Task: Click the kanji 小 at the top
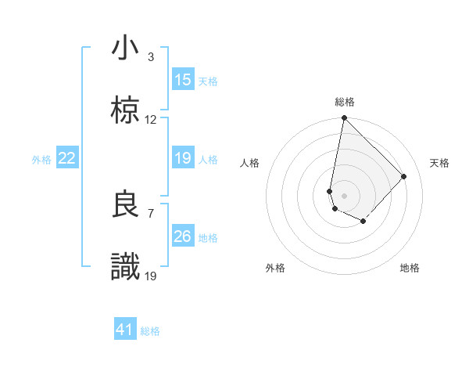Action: click(125, 49)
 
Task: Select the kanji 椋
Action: click(125, 111)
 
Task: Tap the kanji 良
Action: click(125, 204)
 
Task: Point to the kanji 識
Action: click(125, 267)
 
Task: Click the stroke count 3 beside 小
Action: click(151, 56)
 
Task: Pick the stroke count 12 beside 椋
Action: click(151, 120)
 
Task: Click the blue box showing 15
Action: click(183, 80)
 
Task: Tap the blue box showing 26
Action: click(183, 236)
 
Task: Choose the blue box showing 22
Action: click(67, 158)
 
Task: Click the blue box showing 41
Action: click(125, 330)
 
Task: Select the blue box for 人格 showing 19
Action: click(183, 158)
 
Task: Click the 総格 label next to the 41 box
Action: click(150, 331)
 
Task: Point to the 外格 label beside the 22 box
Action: click(41, 160)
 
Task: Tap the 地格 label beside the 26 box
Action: click(208, 238)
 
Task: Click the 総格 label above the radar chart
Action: click(345, 102)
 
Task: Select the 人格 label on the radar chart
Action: click(250, 163)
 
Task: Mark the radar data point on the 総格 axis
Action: click(344, 118)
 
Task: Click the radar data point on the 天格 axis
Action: click(404, 176)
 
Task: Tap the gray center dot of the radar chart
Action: click(344, 195)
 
